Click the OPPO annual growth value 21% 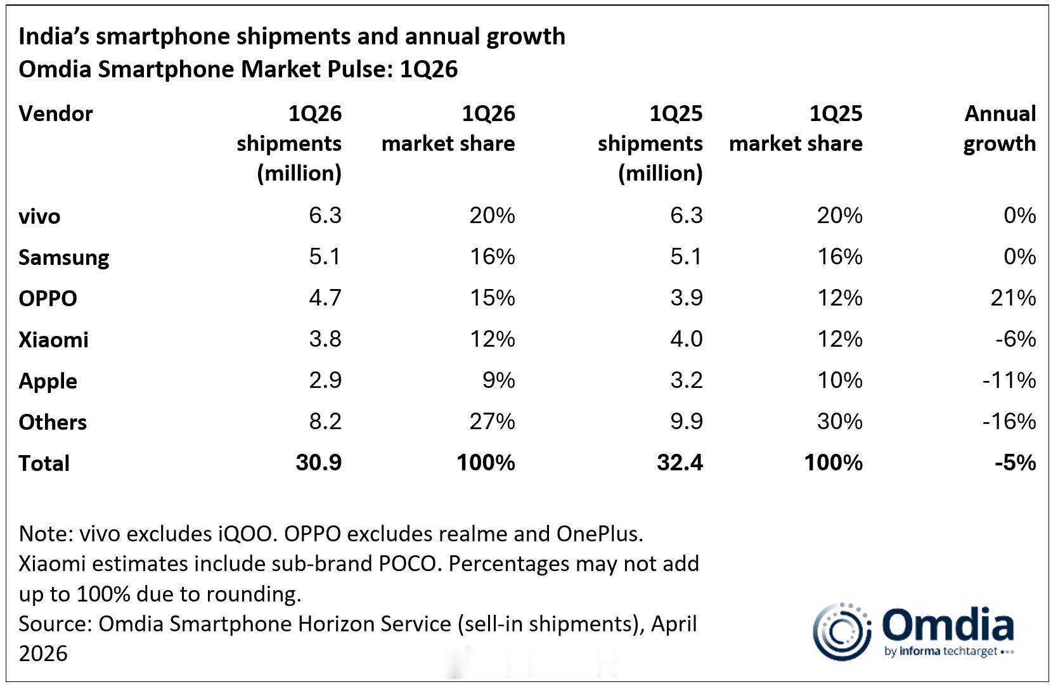[x=1012, y=298]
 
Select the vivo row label [x=39, y=217]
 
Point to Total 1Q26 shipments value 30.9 [x=318, y=463]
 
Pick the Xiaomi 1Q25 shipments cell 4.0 [x=686, y=339]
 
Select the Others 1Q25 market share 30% [x=839, y=422]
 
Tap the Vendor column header [x=56, y=114]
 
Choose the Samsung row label [x=63, y=257]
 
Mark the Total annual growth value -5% [x=1015, y=463]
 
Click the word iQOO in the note [x=244, y=534]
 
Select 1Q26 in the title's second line [x=429, y=69]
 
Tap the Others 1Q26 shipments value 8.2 [x=325, y=422]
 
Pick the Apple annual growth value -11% [x=1009, y=380]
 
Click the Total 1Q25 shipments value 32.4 [x=680, y=463]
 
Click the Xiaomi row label [x=53, y=340]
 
